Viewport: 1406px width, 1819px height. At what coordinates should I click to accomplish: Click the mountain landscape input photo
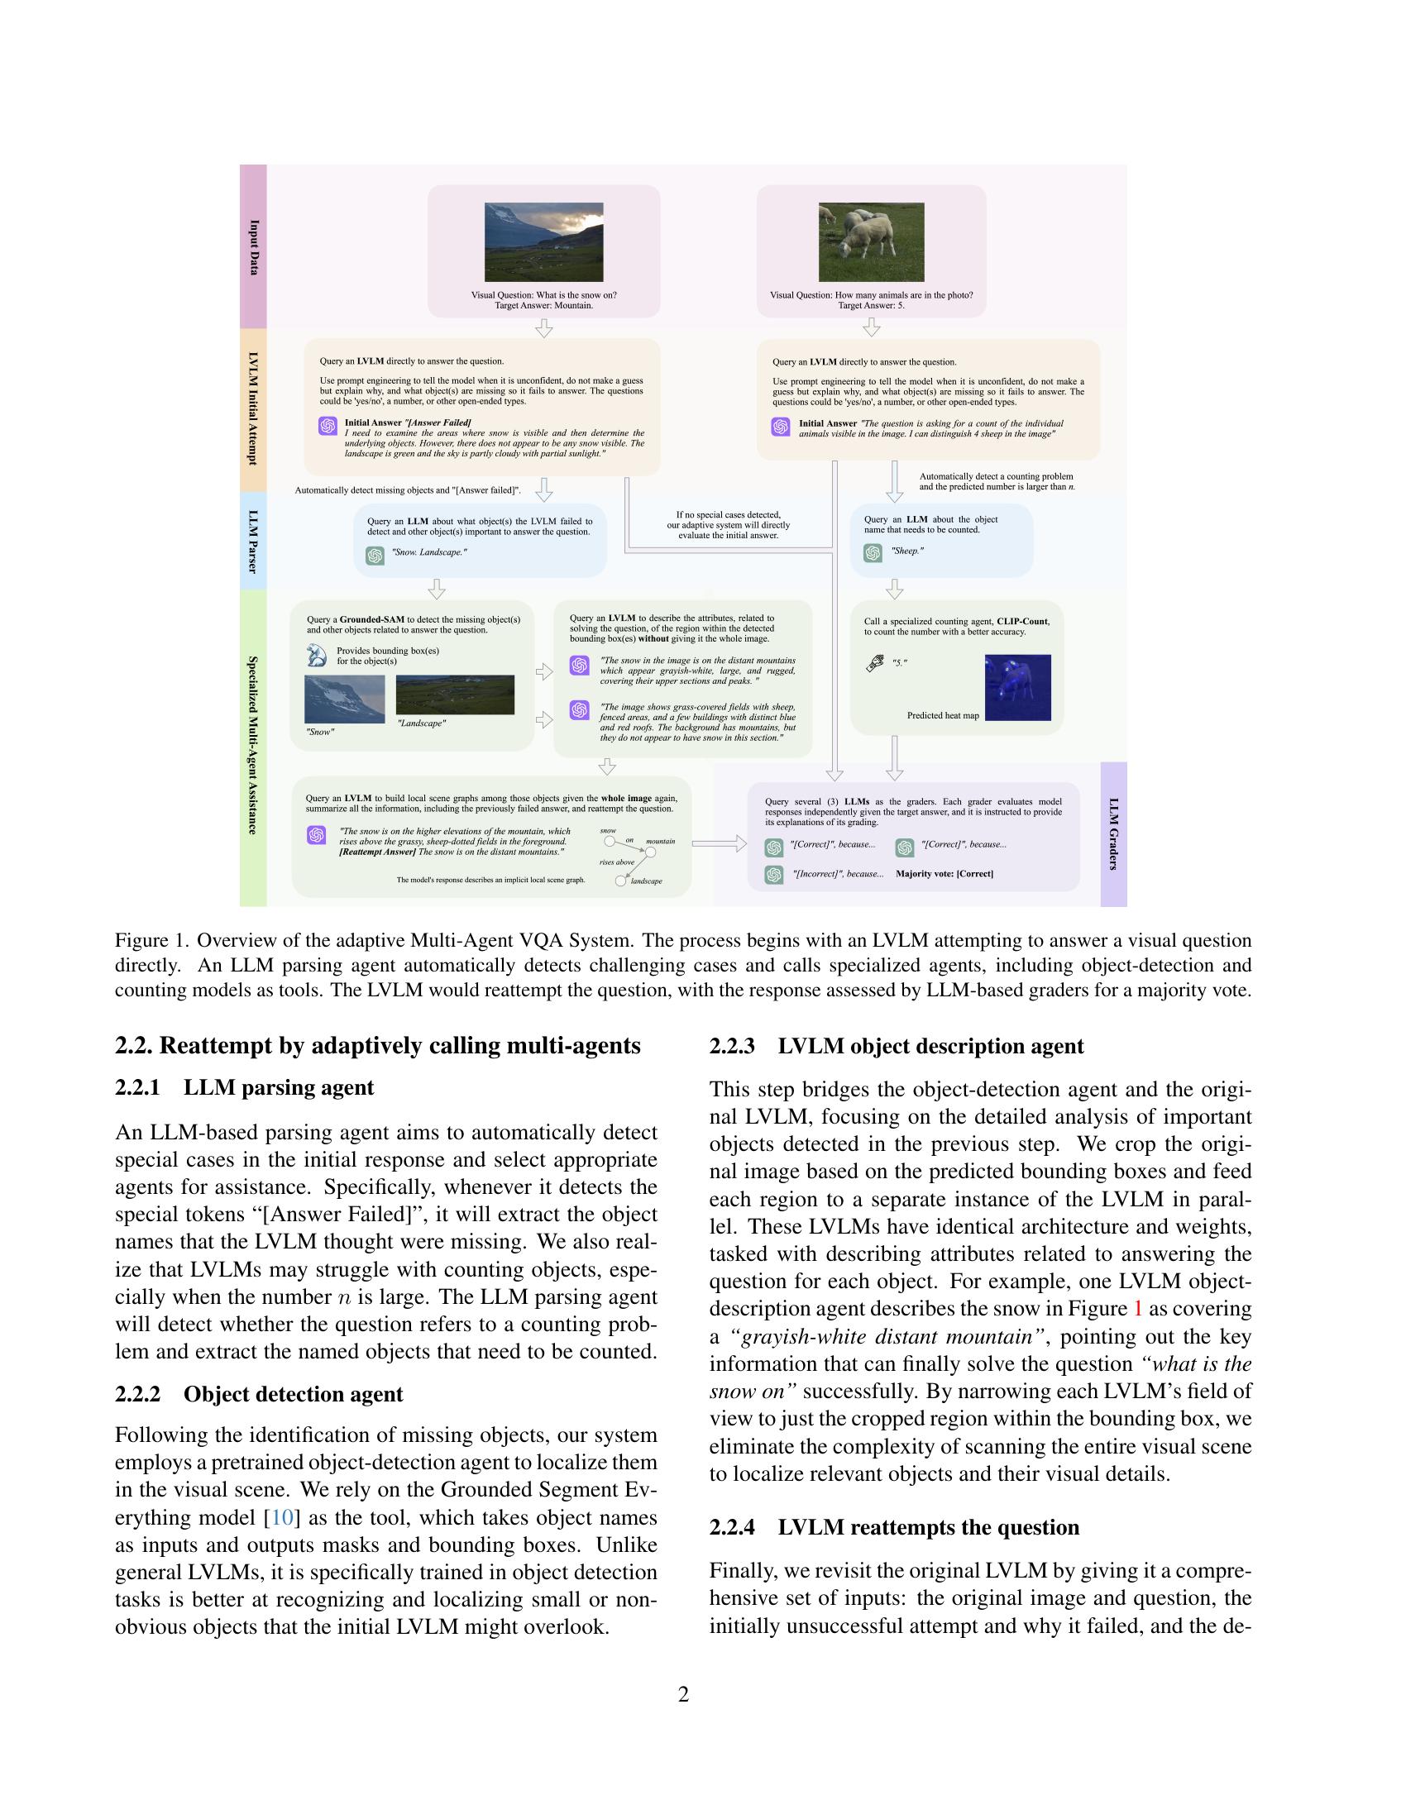pos(544,241)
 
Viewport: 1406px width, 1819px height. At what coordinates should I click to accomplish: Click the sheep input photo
pos(871,241)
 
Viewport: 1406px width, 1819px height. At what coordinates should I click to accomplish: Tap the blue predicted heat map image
pos(1017,687)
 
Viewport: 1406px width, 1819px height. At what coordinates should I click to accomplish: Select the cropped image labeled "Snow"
pos(344,699)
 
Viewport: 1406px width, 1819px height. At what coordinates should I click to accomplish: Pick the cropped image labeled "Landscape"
pos(455,695)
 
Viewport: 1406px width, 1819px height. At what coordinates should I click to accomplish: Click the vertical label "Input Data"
pos(254,247)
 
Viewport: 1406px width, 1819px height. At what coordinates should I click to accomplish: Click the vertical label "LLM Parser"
pos(253,542)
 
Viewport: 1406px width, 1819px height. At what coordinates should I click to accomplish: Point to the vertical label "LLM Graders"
pos(1114,833)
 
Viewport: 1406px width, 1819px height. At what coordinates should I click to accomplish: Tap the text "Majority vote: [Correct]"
pos(944,874)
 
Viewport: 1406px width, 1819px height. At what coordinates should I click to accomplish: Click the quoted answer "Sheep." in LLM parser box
pos(907,551)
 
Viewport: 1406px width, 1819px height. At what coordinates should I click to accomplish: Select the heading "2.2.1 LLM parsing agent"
pos(245,1088)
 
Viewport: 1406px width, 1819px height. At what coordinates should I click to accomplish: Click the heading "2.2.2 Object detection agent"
pos(259,1394)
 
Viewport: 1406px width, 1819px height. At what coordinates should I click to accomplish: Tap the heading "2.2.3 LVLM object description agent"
pos(897,1046)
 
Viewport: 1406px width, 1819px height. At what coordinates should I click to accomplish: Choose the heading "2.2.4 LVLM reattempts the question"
pos(894,1527)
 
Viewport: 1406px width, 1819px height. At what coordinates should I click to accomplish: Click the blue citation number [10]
pos(282,1517)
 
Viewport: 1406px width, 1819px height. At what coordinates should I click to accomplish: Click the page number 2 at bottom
pos(684,1695)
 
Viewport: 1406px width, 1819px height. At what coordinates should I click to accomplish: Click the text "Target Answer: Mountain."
pos(544,306)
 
